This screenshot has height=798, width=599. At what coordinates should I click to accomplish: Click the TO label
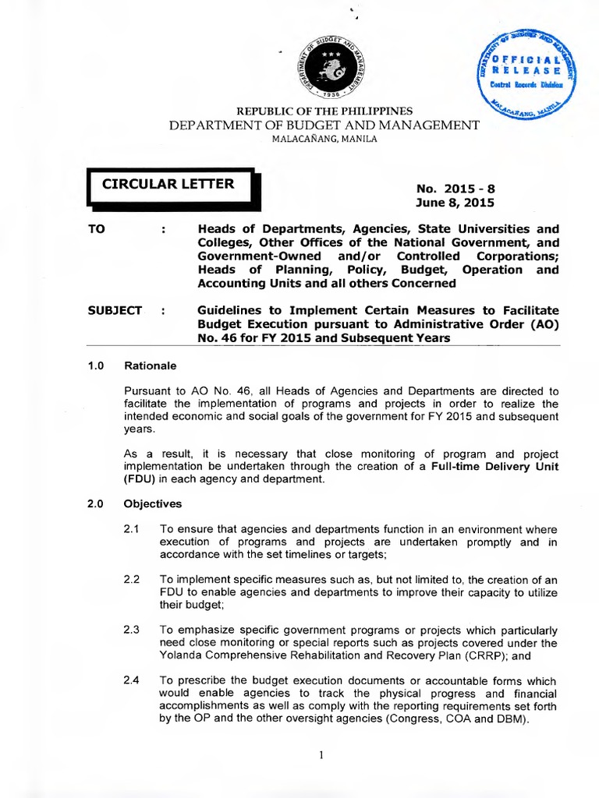click(97, 228)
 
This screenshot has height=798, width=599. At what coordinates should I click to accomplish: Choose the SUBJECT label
click(115, 310)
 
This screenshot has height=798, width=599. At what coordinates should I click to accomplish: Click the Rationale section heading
click(151, 365)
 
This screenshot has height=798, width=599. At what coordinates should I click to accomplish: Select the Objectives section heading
click(153, 503)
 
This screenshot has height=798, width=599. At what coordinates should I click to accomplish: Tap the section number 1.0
click(95, 365)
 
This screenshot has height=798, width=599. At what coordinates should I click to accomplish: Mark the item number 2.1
click(131, 529)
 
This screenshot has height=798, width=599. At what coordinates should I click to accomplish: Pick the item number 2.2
click(131, 579)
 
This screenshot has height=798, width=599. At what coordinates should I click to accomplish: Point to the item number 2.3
click(131, 629)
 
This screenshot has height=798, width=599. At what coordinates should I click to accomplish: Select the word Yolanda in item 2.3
click(179, 655)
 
